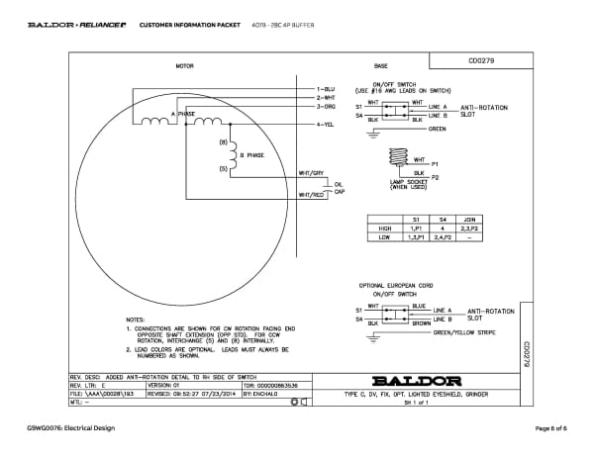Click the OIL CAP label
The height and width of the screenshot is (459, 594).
[339, 187]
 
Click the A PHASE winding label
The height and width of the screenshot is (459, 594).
[184, 115]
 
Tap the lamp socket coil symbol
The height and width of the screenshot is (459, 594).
[399, 159]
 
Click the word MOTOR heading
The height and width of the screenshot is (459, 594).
[184, 66]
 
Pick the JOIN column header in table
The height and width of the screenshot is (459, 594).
[471, 219]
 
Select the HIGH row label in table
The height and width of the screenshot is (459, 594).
[385, 229]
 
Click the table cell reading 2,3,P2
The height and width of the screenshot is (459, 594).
[471, 229]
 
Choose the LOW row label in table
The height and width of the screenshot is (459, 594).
[385, 238]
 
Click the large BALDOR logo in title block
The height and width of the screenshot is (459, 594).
[416, 380]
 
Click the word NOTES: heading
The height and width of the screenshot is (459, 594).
[137, 320]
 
